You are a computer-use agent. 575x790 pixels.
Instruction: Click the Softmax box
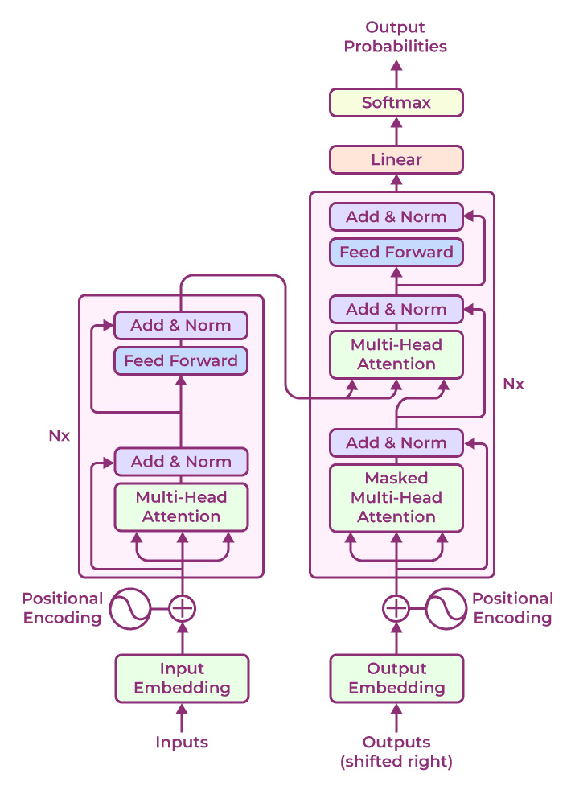[396, 103]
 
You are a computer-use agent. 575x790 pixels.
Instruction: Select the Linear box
[396, 159]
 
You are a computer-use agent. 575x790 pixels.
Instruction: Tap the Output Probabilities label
[396, 37]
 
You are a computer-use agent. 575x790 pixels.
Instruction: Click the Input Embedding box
[182, 678]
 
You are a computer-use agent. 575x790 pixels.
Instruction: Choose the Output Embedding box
[396, 678]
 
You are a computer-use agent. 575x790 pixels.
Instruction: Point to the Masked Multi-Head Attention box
[396, 497]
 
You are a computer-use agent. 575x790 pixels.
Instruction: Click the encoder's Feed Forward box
[181, 360]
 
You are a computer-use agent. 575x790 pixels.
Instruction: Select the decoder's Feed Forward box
[396, 252]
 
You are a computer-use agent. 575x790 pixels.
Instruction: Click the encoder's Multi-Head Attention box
[181, 507]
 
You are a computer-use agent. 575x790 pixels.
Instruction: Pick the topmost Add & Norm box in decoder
[396, 216]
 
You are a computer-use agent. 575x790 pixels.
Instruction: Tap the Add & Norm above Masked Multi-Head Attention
[396, 442]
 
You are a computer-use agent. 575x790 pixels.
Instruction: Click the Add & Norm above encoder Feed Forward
[181, 325]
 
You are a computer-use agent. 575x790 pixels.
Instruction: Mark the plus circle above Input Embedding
[182, 608]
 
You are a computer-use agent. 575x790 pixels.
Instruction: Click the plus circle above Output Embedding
[396, 608]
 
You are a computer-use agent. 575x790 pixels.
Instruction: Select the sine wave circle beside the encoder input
[130, 608]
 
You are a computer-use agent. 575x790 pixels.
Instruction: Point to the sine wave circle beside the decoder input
[446, 608]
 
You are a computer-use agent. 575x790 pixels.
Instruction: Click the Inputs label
[182, 742]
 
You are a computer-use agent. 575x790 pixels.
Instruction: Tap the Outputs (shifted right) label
[396, 751]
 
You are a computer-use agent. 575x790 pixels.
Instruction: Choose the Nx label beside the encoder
[59, 436]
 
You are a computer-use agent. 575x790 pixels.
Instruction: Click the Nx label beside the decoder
[513, 384]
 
